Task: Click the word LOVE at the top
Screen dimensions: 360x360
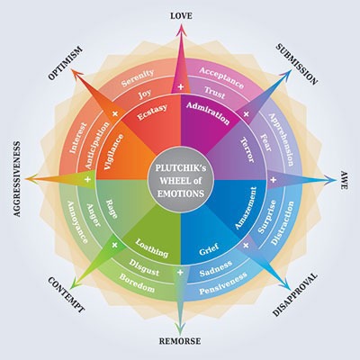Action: coord(181,16)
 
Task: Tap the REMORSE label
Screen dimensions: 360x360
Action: coord(180,341)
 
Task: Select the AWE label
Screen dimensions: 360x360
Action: coord(344,180)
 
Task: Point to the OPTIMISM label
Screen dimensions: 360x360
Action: coord(65,63)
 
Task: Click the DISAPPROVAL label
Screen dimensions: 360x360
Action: coord(295,294)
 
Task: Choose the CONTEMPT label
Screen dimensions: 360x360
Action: coord(67,295)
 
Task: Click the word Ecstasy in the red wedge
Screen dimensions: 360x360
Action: coord(152,112)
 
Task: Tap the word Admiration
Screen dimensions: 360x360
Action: coord(208,113)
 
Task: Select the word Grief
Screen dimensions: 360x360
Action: coord(209,249)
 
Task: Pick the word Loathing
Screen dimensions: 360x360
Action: coord(152,248)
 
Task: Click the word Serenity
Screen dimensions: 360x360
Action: coord(138,77)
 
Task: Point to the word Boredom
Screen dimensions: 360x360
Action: coord(137,283)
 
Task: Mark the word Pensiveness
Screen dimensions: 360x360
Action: coord(223,283)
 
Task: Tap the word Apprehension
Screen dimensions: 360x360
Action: coord(281,139)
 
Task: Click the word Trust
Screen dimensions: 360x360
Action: coord(215,93)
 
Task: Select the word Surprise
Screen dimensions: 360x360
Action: coord(267,217)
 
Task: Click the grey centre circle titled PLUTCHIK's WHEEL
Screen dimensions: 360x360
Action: coord(181,180)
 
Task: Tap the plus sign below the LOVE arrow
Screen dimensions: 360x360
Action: coord(181,87)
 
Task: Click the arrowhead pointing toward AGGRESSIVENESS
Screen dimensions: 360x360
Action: coord(32,179)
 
